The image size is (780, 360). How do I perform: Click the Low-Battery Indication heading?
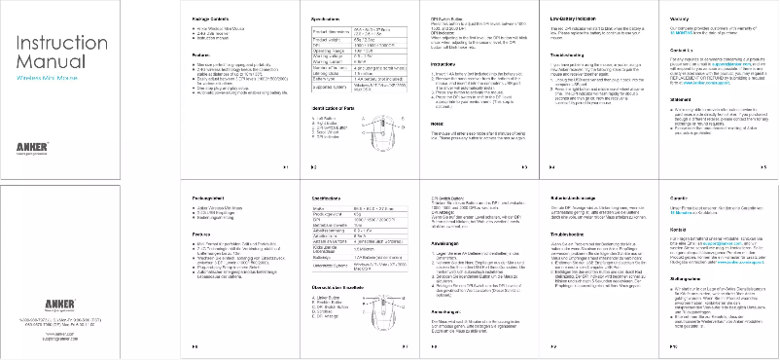[x=571, y=18]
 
